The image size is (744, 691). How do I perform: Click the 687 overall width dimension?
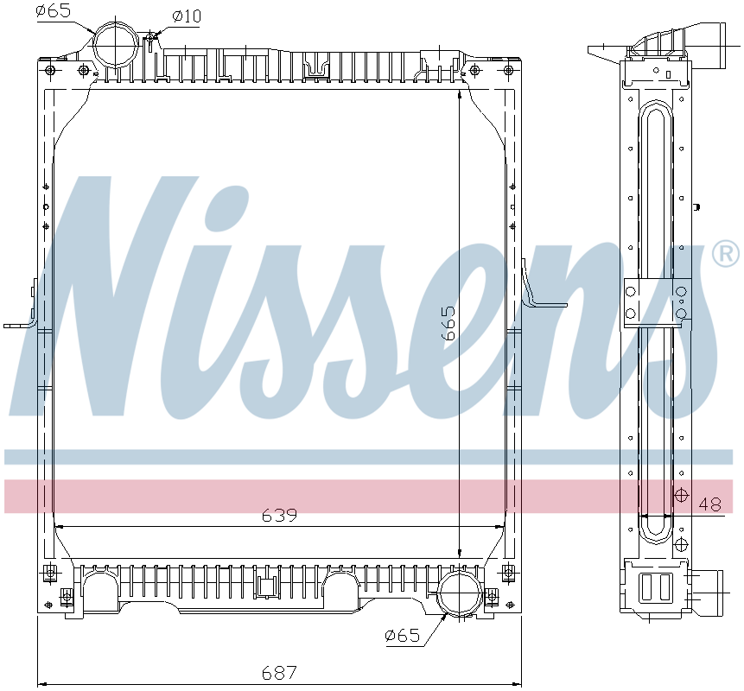[279, 671]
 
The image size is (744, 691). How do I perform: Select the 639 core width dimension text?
[279, 516]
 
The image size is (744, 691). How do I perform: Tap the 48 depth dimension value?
[709, 504]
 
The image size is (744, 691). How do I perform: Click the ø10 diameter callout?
[187, 16]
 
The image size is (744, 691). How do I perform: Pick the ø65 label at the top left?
[54, 11]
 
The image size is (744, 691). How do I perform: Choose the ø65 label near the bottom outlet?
[402, 636]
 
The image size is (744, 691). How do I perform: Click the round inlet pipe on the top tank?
[115, 44]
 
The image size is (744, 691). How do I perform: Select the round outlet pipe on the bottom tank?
[459, 597]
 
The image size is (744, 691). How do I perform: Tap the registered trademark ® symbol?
[724, 254]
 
